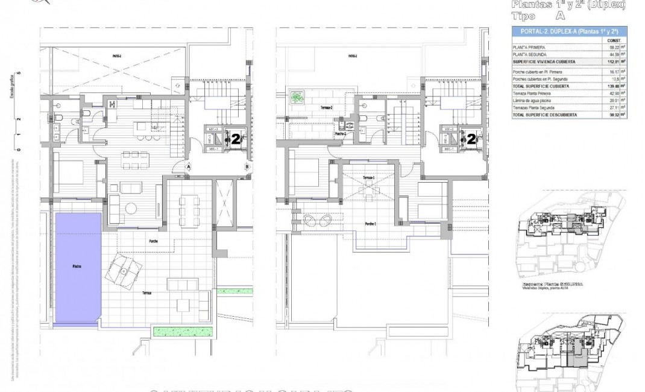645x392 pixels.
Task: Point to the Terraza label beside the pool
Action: tap(146, 293)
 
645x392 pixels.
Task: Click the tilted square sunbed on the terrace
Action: tap(125, 271)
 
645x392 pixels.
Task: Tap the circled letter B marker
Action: tap(247, 167)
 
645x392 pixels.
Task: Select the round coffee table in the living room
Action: tap(131, 208)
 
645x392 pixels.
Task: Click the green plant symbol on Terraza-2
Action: tap(297, 96)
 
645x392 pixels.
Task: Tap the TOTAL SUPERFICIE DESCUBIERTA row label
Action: tap(544, 114)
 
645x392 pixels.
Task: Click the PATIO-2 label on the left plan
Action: tap(116, 55)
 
